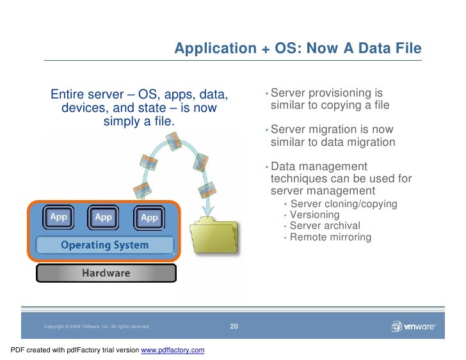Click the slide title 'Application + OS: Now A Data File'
click(x=298, y=49)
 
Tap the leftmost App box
click(x=60, y=217)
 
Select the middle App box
click(x=103, y=217)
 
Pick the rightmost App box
click(x=149, y=217)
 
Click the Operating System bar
click(x=104, y=245)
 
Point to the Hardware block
click(x=105, y=274)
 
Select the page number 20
click(x=234, y=327)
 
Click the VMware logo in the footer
click(x=414, y=327)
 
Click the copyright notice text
click(x=97, y=327)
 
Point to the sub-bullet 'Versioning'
click(x=314, y=215)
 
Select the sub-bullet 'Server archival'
click(x=325, y=226)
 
